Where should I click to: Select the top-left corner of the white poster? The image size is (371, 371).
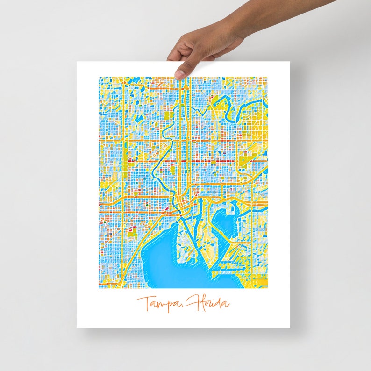(78, 62)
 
